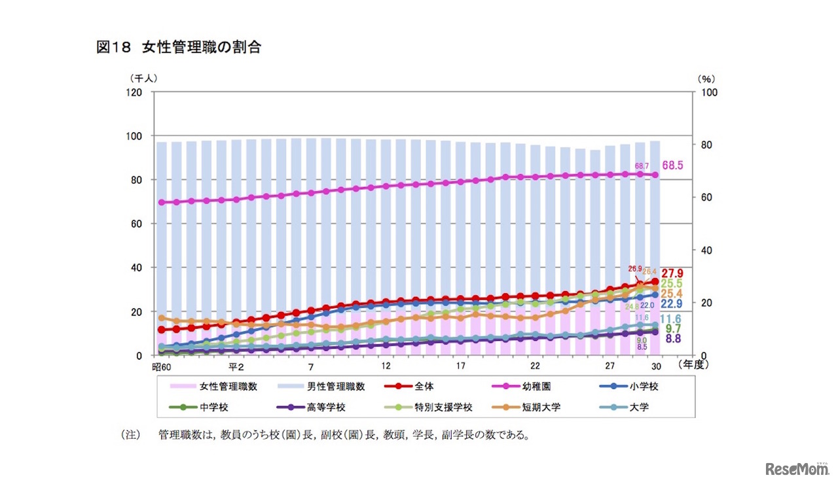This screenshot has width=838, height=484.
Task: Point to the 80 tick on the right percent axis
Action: (x=710, y=145)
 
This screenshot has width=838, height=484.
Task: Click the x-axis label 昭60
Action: (x=160, y=366)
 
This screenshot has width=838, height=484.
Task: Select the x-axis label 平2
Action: (x=236, y=366)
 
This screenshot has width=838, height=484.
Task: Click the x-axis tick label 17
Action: (x=460, y=366)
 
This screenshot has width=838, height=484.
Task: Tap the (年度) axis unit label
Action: (x=696, y=365)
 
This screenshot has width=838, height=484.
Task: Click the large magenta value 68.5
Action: (x=672, y=166)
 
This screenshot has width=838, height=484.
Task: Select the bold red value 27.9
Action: (x=672, y=273)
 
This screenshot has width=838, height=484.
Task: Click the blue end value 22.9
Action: (x=672, y=305)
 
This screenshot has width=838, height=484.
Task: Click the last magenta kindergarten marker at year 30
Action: (x=655, y=175)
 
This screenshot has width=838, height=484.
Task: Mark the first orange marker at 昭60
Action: (x=161, y=318)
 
